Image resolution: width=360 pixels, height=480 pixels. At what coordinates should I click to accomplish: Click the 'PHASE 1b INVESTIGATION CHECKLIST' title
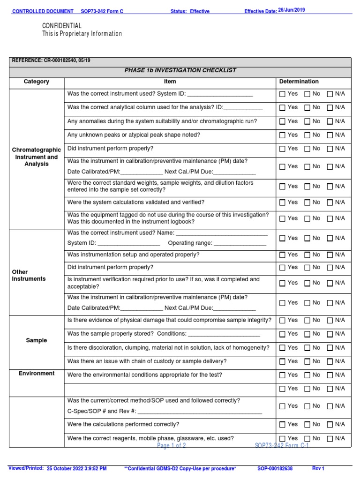click(180, 70)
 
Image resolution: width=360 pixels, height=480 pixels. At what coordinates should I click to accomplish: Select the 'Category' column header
click(37, 82)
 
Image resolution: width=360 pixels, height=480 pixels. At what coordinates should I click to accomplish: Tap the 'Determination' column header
click(299, 82)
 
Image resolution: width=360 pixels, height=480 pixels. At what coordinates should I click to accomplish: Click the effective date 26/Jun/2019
click(292, 10)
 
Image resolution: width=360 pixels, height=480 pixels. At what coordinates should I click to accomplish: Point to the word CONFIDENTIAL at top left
click(62, 26)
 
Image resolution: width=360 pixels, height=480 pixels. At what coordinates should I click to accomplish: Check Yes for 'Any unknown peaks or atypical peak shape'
click(282, 135)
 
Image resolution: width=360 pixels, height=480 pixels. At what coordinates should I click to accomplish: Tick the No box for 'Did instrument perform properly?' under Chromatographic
click(307, 149)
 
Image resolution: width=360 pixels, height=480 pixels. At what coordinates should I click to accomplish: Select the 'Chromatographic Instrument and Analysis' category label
click(37, 157)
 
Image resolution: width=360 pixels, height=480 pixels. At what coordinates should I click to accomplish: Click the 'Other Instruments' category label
click(29, 275)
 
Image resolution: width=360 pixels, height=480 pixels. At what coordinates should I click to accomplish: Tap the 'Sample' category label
click(37, 340)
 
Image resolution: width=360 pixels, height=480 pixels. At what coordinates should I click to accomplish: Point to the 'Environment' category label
click(37, 374)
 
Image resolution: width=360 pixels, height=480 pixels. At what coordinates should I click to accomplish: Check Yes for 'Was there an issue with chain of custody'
click(282, 361)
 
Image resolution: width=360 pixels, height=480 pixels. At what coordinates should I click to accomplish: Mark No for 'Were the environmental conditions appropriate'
click(307, 375)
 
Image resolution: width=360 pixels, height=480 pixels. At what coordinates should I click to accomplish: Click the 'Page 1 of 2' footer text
click(172, 446)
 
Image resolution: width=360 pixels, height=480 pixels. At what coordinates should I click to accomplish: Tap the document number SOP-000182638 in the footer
click(275, 468)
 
